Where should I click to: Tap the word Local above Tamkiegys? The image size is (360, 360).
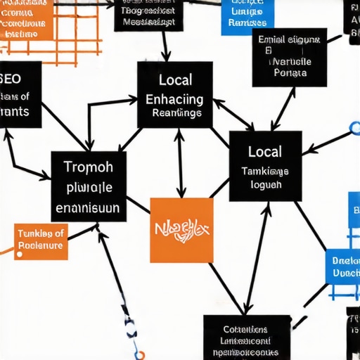coord(265,151)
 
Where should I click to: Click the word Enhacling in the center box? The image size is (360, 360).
coord(174,98)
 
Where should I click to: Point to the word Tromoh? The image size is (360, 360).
coord(88,169)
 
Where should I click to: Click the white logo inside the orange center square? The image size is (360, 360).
coord(181,231)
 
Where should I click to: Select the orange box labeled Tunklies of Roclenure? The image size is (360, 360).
coord(41,240)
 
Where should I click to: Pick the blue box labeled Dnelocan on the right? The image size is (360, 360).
coord(344,266)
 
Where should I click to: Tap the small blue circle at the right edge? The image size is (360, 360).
coord(354,129)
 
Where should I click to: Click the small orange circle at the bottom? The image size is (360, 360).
coord(140,355)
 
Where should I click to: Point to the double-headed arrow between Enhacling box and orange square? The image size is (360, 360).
coord(180,162)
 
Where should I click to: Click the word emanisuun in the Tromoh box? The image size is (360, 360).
coord(87,208)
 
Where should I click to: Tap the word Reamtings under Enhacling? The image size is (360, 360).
coord(176,112)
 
